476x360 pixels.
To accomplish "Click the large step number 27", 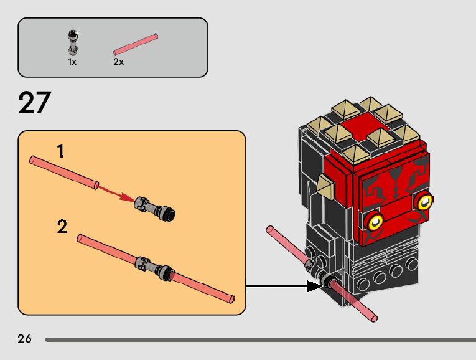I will [x=34, y=103].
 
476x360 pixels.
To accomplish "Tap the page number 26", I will [x=25, y=339].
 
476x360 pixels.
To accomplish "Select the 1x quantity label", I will [x=72, y=62].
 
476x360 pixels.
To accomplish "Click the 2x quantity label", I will [x=118, y=62].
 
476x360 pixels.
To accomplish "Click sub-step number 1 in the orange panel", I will [x=60, y=151].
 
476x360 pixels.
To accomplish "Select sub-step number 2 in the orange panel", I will [x=62, y=227].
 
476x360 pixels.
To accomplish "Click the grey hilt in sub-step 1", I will [x=155, y=207].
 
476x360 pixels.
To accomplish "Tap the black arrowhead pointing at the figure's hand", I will [x=314, y=287].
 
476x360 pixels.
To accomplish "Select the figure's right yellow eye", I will [x=426, y=201].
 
